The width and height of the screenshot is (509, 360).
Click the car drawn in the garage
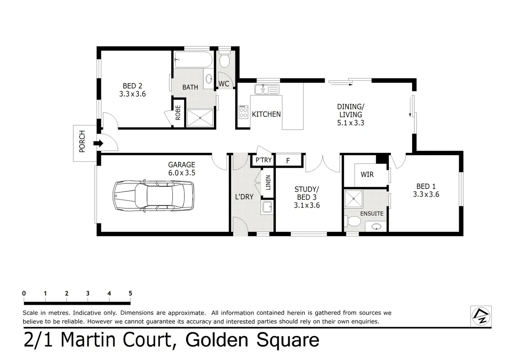click(x=153, y=196)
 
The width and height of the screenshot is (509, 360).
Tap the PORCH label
click(x=82, y=142)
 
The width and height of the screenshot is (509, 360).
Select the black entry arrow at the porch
click(x=98, y=143)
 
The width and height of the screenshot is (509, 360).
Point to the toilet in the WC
click(x=224, y=60)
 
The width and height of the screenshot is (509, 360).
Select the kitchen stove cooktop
click(x=244, y=112)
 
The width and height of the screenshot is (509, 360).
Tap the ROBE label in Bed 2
click(x=178, y=113)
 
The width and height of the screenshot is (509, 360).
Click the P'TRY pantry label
click(x=264, y=160)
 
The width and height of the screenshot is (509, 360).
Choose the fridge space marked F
click(x=288, y=161)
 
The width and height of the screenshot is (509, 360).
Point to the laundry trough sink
click(x=267, y=207)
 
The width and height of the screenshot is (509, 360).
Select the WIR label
click(x=367, y=174)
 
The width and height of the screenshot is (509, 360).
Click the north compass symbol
click(x=481, y=316)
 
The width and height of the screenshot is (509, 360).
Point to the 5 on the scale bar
click(x=130, y=293)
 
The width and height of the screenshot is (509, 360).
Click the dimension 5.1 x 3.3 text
click(x=351, y=123)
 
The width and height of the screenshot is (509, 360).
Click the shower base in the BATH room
click(x=200, y=118)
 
